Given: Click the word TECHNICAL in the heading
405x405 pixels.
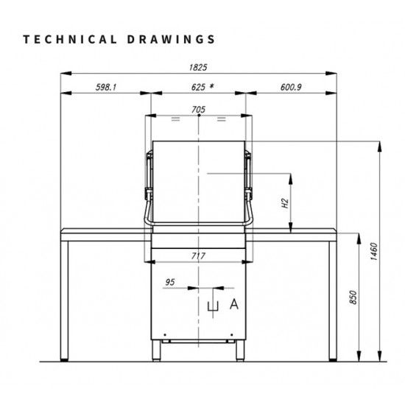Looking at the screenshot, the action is click(70, 39).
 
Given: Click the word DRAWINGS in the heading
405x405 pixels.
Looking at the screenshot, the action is click(171, 39).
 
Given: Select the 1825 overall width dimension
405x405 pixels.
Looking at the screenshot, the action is click(198, 68).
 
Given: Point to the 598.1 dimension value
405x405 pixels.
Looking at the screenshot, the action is click(106, 88).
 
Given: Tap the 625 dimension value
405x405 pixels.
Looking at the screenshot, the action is click(198, 88).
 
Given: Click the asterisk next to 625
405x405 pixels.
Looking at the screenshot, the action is click(211, 86).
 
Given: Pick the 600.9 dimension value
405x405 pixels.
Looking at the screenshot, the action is click(291, 88).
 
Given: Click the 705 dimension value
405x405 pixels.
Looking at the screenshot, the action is click(198, 110).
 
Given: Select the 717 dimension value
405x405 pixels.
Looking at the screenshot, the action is click(198, 256).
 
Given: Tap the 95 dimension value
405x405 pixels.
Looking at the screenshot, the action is click(170, 282).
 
